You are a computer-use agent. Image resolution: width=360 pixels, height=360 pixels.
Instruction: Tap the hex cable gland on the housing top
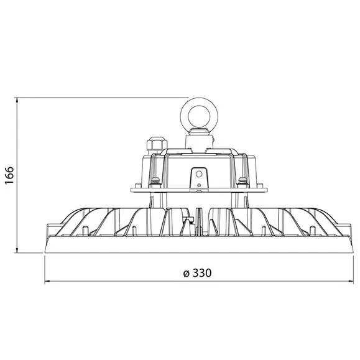point(152,146)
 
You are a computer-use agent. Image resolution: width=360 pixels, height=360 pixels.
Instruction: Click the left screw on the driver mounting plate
point(154,182)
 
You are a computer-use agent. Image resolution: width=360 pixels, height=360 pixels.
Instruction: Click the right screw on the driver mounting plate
point(241,182)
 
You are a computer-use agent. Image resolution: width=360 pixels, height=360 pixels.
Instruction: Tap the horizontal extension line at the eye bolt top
point(99,96)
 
